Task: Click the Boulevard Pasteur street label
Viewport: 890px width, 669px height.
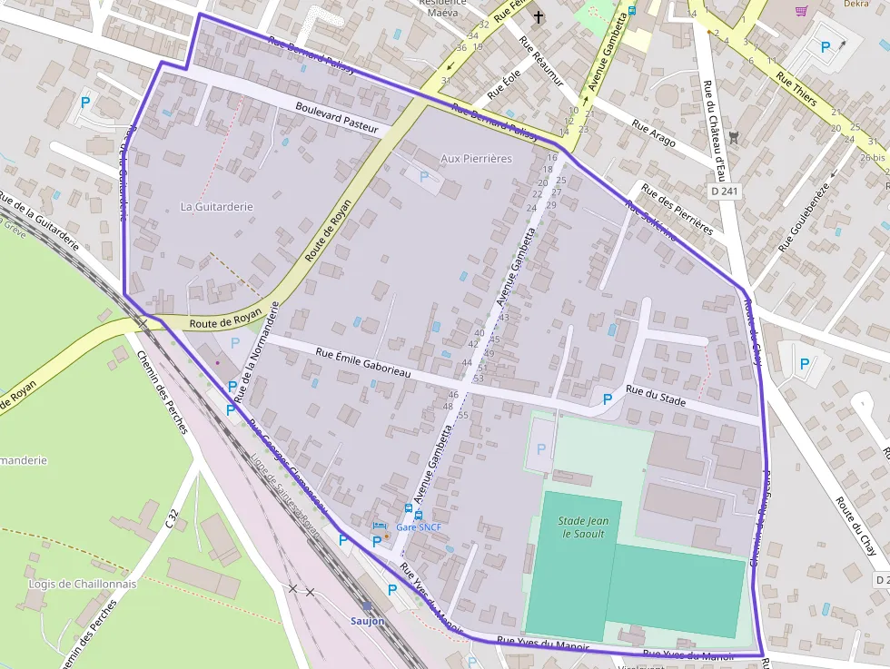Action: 336,118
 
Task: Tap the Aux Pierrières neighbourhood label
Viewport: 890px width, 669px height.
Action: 476,158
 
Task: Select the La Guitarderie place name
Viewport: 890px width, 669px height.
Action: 216,206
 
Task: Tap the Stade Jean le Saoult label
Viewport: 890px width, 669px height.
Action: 582,527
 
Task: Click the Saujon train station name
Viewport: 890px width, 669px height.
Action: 368,621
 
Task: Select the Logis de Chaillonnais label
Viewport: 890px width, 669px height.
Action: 83,584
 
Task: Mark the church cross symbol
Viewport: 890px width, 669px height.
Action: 538,17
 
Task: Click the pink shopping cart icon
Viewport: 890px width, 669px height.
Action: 801,11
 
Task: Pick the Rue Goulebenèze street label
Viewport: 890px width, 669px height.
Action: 805,218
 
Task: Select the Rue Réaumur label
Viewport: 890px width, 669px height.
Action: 541,61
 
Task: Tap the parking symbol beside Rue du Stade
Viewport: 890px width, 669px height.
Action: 608,398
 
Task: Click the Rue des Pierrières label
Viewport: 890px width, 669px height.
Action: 677,209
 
